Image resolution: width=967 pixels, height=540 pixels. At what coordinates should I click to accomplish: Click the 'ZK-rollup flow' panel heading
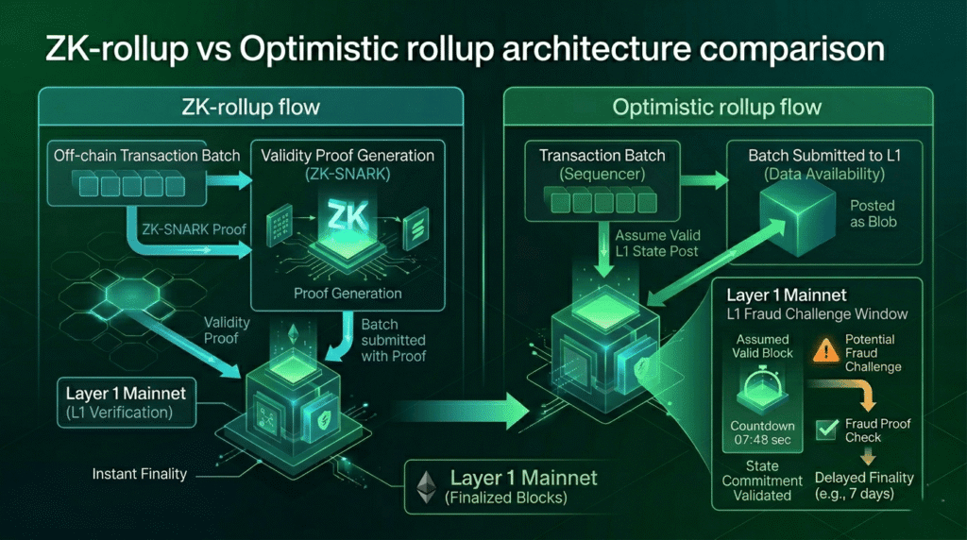(249, 107)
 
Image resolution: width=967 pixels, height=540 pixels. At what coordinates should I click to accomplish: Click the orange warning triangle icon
(823, 351)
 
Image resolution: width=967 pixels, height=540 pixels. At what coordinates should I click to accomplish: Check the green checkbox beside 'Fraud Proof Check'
(826, 430)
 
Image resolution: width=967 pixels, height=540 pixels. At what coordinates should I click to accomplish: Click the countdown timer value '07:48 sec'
(762, 439)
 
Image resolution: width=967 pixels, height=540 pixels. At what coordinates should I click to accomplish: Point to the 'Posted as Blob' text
(872, 213)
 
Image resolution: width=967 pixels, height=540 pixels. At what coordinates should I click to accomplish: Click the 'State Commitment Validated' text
(762, 480)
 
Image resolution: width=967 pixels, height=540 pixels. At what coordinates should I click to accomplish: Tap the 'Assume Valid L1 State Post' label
(658, 245)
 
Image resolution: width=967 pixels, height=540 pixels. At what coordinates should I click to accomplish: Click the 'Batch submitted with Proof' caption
(393, 340)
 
